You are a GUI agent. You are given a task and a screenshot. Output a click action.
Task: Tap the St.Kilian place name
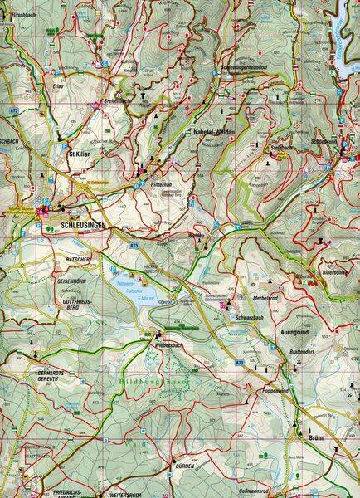pos(79,153)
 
